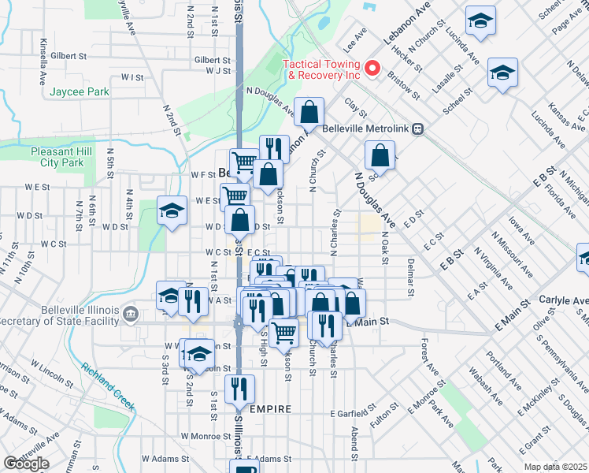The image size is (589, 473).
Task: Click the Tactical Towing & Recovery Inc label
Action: [x=322, y=69]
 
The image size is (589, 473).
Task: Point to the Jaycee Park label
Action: [x=80, y=92]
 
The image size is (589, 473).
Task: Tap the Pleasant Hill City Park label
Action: [x=56, y=157]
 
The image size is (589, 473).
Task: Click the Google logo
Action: [x=26, y=464]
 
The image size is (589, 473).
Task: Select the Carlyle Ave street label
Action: [x=564, y=300]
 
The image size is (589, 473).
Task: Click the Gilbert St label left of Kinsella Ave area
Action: [x=68, y=57]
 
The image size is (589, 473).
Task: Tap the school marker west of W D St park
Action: [x=172, y=210]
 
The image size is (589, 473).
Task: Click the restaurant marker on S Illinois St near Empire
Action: [x=239, y=389]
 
